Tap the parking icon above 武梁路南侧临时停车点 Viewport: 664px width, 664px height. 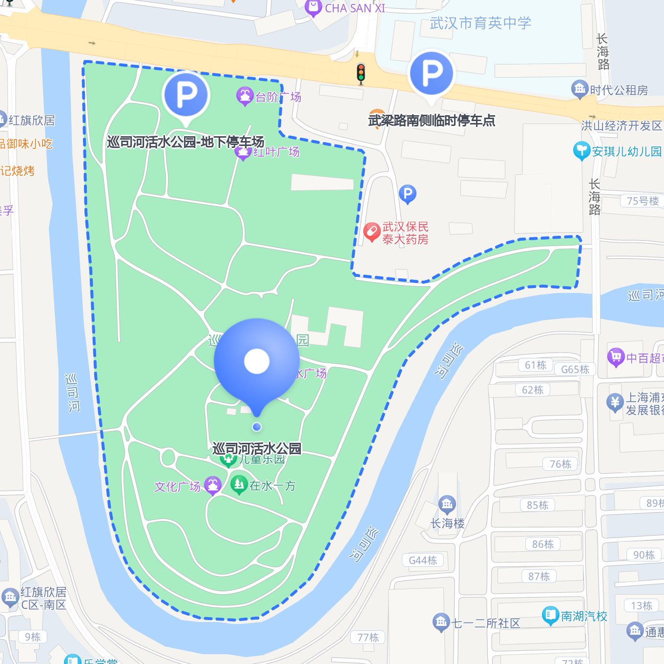click(432, 74)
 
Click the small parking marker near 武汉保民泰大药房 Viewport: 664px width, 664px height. click(407, 194)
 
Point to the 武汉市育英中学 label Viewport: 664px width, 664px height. click(480, 23)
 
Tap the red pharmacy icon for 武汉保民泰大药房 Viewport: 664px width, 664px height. click(372, 232)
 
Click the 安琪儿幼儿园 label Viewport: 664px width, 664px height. click(626, 151)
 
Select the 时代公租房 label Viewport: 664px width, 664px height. click(619, 90)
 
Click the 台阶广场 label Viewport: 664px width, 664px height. click(278, 97)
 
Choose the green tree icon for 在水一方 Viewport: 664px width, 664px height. click(239, 484)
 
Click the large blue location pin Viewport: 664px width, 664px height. click(256, 361)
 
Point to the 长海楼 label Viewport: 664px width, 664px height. click(447, 523)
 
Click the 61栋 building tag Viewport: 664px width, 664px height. click(536, 365)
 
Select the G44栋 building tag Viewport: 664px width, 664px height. click(423, 560)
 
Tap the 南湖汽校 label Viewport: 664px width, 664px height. click(583, 616)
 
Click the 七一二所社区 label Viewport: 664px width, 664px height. click(486, 623)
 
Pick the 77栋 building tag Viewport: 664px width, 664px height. click(368, 637)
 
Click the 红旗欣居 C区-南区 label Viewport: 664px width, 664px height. click(43, 598)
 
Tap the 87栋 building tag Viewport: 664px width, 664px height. click(539, 576)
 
